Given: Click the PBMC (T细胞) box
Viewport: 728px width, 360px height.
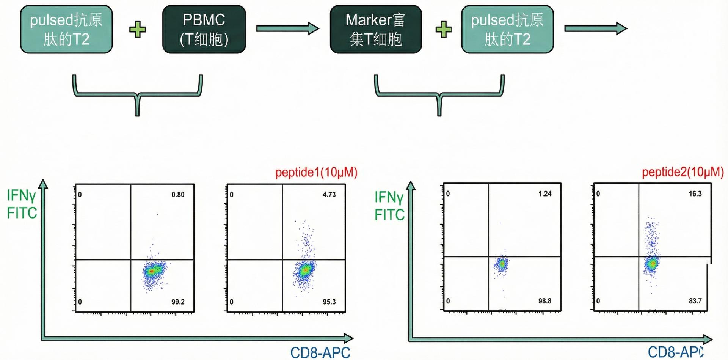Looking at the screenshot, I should (x=204, y=29).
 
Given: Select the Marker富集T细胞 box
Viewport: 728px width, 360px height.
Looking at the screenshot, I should (x=375, y=29).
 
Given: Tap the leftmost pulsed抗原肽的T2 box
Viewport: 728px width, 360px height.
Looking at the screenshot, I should (x=66, y=29).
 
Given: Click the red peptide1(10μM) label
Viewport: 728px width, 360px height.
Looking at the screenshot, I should (x=316, y=173).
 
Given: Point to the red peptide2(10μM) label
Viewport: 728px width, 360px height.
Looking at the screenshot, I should (x=682, y=172).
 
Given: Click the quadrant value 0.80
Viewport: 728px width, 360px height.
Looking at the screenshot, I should (x=178, y=195).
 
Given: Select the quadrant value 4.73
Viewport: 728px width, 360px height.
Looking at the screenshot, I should (x=329, y=195).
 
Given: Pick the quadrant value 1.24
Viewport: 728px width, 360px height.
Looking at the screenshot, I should (x=545, y=194).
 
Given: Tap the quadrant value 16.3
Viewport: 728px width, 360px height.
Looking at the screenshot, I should (x=695, y=194).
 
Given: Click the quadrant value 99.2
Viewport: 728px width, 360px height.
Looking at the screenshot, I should (x=178, y=302).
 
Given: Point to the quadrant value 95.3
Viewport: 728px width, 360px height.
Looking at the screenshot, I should (x=329, y=302).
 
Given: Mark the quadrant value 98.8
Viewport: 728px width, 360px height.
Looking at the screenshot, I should (x=545, y=301).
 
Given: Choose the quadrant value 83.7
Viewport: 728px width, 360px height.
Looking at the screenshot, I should (x=695, y=301).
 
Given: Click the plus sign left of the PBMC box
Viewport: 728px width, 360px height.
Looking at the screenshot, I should (x=138, y=29).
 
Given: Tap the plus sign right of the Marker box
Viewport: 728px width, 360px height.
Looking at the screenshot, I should (x=443, y=29).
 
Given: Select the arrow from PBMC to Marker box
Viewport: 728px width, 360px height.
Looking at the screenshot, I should (x=287, y=28).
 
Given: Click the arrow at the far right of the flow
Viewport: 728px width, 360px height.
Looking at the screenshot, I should (x=596, y=28).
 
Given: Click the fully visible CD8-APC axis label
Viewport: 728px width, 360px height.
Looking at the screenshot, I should (x=320, y=352).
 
